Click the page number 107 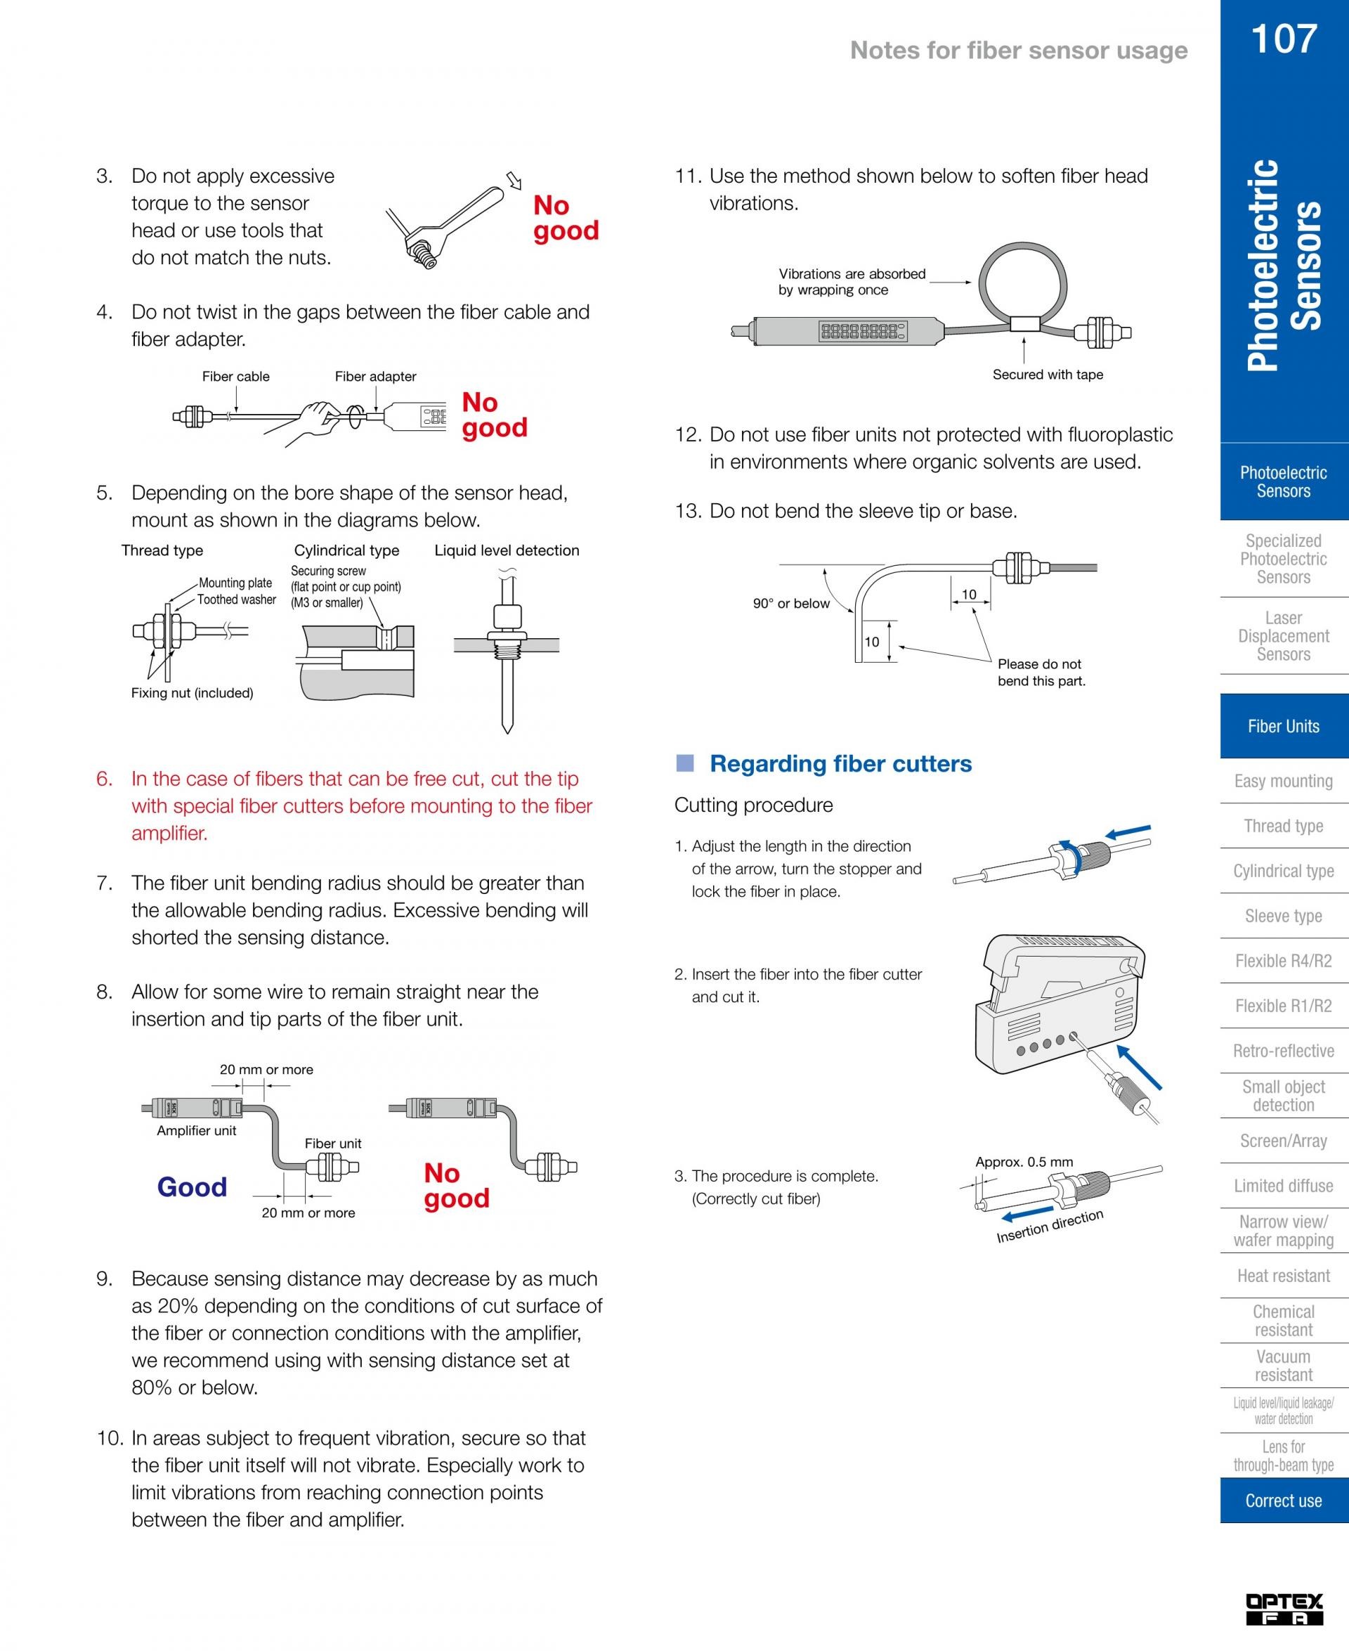click(x=1284, y=39)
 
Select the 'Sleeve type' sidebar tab click(x=1283, y=916)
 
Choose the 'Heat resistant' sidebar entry click(x=1283, y=1276)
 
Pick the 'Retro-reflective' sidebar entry click(x=1283, y=1051)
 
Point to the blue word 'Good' click(x=192, y=1186)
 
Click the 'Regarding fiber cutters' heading click(x=840, y=763)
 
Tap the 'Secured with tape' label click(x=1048, y=375)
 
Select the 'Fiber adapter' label click(x=375, y=376)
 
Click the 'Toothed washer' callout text click(x=236, y=600)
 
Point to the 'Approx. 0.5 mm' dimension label click(x=1024, y=1162)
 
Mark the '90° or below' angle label click(x=790, y=603)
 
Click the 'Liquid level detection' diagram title click(x=507, y=550)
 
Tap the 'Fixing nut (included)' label click(x=192, y=692)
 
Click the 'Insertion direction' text click(x=1049, y=1226)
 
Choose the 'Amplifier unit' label click(x=196, y=1130)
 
